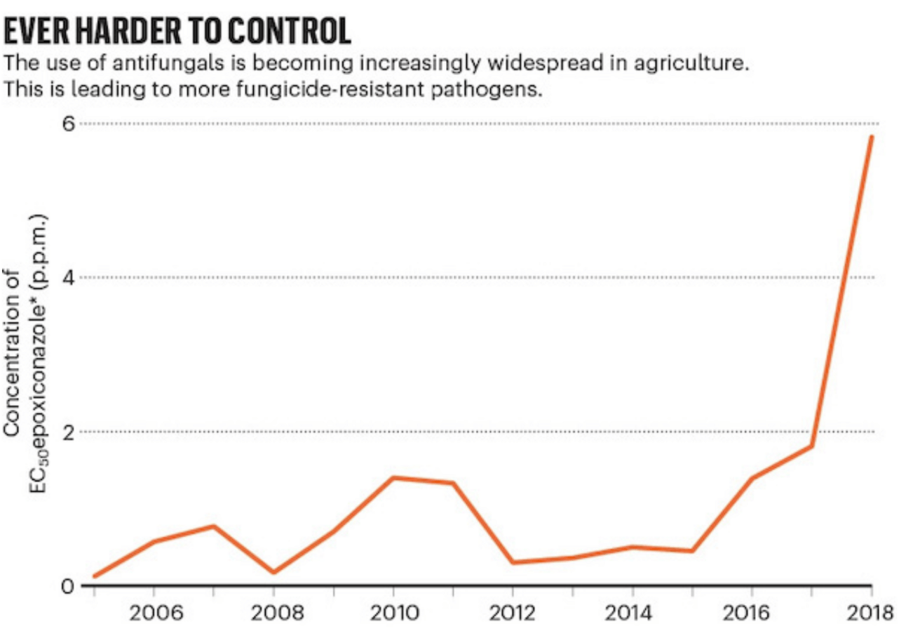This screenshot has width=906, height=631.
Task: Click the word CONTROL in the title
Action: point(289,31)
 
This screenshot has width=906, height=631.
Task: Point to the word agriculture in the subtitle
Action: point(691,64)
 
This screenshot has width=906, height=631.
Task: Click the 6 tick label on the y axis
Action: point(69,123)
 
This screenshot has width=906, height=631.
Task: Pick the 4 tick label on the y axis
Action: point(69,278)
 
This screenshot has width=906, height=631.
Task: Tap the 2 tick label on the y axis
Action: point(69,432)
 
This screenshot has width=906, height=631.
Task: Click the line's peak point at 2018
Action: point(872,137)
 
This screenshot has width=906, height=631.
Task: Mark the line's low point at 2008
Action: point(273,572)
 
